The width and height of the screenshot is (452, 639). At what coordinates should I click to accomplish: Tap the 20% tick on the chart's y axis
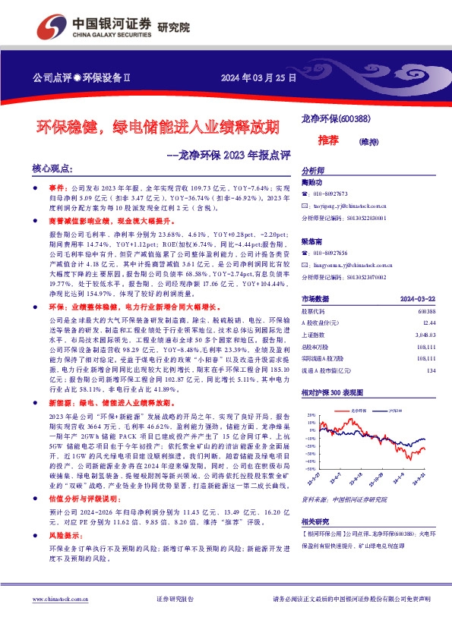(x=311, y=416)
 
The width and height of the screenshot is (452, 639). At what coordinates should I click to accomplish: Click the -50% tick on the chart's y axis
(x=310, y=469)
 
